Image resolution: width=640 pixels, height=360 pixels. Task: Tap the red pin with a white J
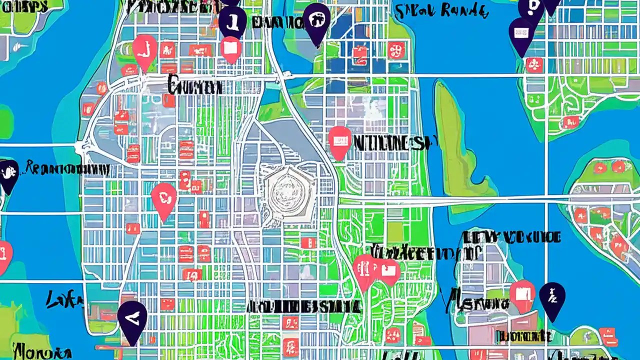pyautogui.click(x=145, y=50)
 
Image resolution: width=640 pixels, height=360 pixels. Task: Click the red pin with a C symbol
pyautogui.click(x=163, y=198)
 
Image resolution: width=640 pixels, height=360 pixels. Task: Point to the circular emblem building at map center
pyautogui.click(x=283, y=192)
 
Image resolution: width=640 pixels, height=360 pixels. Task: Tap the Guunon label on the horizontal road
pyautogui.click(x=195, y=87)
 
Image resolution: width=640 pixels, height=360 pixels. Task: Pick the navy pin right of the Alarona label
pyautogui.click(x=552, y=298)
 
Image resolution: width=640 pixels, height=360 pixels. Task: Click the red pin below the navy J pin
pyautogui.click(x=230, y=48)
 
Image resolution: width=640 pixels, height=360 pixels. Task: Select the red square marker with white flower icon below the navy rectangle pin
pyautogui.click(x=534, y=64)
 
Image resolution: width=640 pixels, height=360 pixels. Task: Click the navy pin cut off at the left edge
pyautogui.click(x=7, y=175)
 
